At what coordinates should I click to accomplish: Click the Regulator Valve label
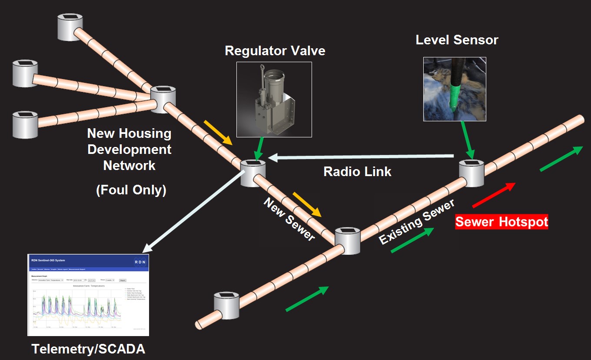[275, 51]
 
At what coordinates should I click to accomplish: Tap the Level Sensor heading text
[457, 40]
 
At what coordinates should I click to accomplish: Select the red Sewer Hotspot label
[501, 222]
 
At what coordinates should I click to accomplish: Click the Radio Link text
[357, 172]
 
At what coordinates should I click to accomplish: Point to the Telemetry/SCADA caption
[88, 349]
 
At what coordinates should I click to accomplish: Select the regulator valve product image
[274, 100]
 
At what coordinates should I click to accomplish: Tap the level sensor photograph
[455, 89]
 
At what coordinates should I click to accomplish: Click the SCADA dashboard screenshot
[88, 295]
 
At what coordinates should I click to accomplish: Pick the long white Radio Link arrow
[361, 157]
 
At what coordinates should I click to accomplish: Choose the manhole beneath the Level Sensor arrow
[472, 173]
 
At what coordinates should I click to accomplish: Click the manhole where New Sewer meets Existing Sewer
[347, 240]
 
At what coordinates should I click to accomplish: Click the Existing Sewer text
[416, 221]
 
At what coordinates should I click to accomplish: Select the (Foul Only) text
[131, 190]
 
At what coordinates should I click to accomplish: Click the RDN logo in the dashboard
[140, 262]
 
